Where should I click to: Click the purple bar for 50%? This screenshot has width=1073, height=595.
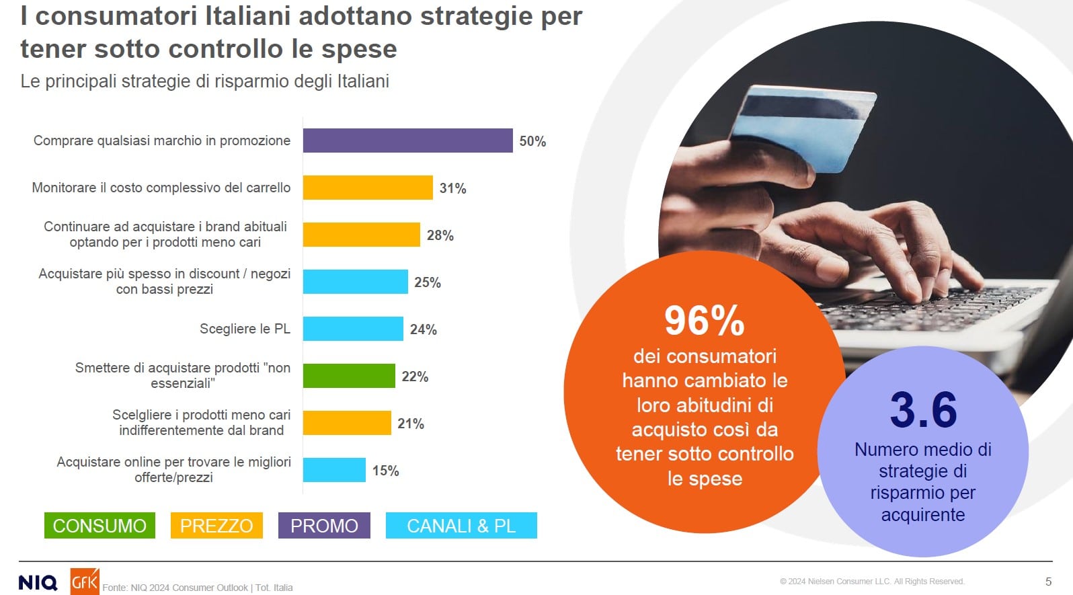(x=407, y=141)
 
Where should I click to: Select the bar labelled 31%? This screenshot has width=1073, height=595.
(x=368, y=188)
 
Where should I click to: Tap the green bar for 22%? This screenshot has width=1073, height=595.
(x=349, y=376)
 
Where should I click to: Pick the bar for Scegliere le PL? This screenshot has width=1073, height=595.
(x=353, y=329)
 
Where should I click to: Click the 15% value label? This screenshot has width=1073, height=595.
(x=386, y=471)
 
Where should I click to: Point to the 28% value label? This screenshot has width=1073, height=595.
(x=440, y=235)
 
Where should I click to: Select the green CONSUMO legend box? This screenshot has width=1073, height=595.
(x=100, y=525)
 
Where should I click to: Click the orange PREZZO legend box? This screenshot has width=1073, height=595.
(x=216, y=525)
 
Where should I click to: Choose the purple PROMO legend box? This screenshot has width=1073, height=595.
(x=324, y=525)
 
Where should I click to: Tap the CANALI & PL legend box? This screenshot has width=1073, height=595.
(x=461, y=525)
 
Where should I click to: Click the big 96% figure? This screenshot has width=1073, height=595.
(x=704, y=320)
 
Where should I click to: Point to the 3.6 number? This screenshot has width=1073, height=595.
(x=923, y=409)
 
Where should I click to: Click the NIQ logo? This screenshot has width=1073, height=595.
(x=38, y=582)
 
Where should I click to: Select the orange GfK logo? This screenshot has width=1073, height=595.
(x=85, y=582)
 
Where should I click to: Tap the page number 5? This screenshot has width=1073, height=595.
(x=1048, y=582)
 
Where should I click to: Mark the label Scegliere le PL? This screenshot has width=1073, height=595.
(x=245, y=329)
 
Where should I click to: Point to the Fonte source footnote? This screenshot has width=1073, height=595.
(x=198, y=588)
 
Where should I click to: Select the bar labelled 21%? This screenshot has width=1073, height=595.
(x=347, y=423)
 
